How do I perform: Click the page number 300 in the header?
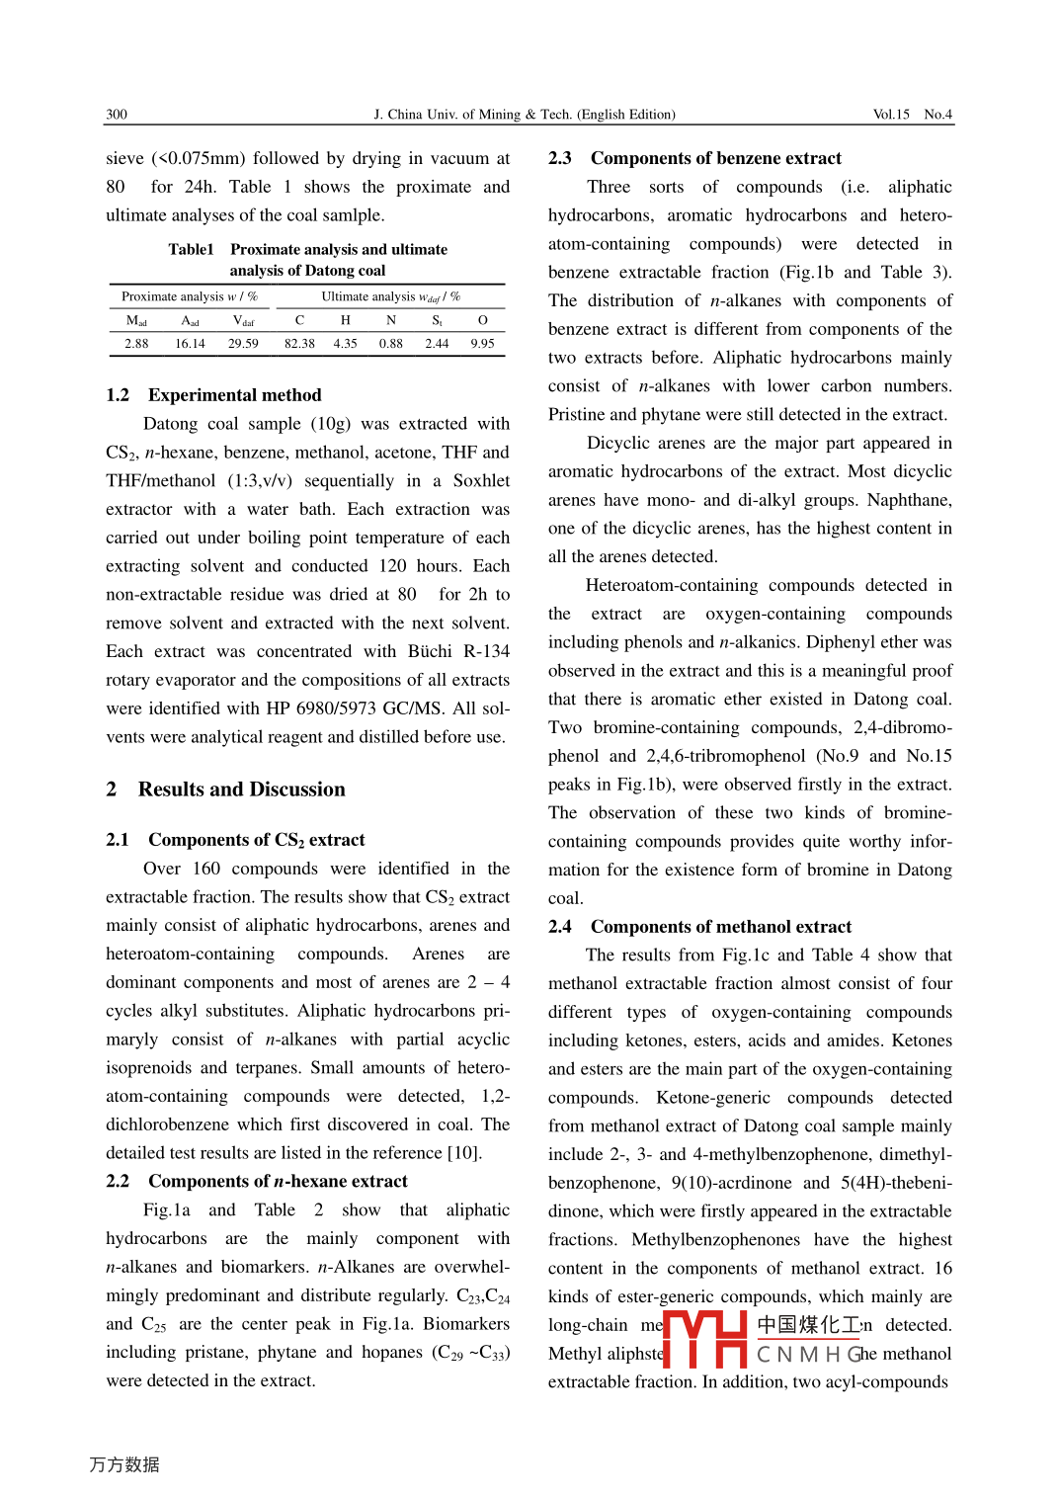point(117,115)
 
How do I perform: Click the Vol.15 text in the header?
point(891,115)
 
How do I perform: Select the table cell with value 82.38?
point(299,344)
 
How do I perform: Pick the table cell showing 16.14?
point(190,344)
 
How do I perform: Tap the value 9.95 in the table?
point(482,344)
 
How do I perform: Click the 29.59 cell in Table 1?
point(243,344)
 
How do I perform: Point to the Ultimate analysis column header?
point(390,296)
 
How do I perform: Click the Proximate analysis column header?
point(189,296)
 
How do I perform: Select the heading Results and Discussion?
point(241,790)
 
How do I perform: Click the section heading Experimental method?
point(234,395)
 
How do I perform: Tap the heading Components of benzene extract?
point(715,158)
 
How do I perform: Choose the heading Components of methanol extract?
point(720,927)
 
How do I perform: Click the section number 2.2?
point(118,1182)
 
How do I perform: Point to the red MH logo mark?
point(704,1339)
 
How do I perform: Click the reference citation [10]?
point(463,1153)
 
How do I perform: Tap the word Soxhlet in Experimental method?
point(481,481)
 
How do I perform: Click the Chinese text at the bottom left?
point(124,1464)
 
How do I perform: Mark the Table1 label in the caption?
point(191,250)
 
